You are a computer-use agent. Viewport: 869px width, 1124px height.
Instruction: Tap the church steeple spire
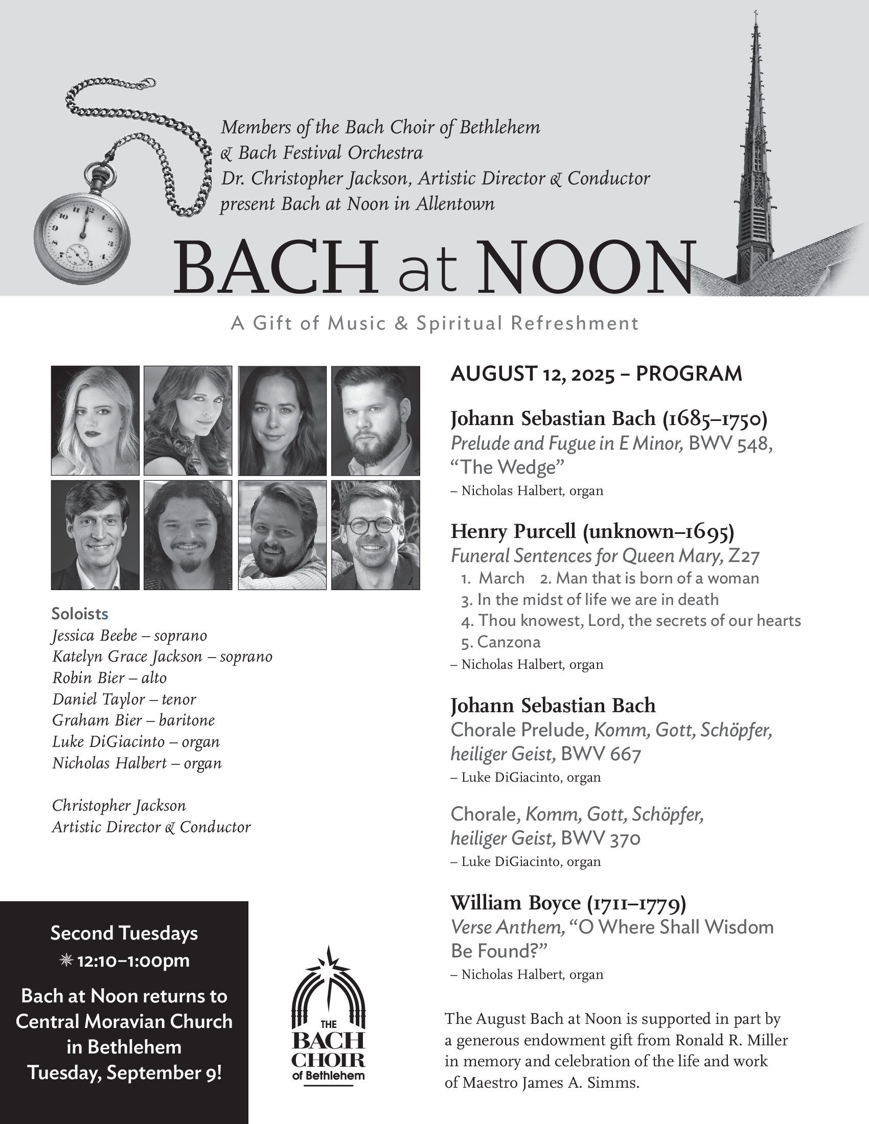pos(755,154)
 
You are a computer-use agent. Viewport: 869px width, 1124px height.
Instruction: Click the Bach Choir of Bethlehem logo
pos(329,1019)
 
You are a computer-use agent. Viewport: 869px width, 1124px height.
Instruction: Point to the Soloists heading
pos(80,614)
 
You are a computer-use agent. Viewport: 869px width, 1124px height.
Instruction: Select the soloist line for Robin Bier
pos(109,678)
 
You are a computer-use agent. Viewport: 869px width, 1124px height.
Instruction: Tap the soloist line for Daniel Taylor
pos(124,699)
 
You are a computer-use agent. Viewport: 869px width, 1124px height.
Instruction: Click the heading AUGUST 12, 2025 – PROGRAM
pos(596,374)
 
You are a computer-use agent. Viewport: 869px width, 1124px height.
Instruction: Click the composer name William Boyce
pos(515,903)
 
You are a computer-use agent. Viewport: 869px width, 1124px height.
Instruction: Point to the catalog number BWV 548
pos(730,443)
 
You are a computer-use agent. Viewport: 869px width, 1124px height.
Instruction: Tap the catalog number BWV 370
pos(600,839)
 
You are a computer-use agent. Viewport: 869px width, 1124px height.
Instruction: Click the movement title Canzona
pos(508,642)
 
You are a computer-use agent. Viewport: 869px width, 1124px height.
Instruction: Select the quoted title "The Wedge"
pos(508,467)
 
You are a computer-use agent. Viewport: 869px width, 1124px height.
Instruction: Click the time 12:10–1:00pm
pos(133,961)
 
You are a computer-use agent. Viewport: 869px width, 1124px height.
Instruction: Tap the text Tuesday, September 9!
pos(125,1072)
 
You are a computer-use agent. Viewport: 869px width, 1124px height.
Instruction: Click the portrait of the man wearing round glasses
pos(375,535)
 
